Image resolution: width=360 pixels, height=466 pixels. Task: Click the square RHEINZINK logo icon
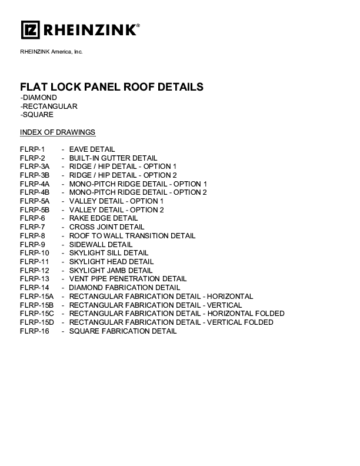pos(31,30)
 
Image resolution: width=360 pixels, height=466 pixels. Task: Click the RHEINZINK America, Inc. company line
pos(51,52)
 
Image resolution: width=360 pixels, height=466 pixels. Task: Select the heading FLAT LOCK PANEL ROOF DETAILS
pos(112,86)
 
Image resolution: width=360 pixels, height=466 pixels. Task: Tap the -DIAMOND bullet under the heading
pos(39,98)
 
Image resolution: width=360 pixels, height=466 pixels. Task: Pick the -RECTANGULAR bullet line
pos(49,106)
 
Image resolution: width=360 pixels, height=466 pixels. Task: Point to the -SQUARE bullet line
pos(37,115)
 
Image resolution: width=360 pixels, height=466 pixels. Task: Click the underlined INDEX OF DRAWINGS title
pos(58,132)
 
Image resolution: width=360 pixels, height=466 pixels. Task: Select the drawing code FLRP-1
pos(32,149)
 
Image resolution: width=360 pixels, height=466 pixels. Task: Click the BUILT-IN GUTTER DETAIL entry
pos(113,158)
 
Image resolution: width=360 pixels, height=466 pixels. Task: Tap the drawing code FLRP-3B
pos(35,175)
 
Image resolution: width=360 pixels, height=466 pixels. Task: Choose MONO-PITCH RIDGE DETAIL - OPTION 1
pos(138,184)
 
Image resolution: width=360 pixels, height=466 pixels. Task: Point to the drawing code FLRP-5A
pos(35,201)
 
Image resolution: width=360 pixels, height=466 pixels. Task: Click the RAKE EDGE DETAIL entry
pos(104,218)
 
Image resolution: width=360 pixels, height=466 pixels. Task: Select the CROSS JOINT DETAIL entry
pos(106,227)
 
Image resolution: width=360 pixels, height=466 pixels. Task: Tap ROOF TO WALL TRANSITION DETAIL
pos(132,236)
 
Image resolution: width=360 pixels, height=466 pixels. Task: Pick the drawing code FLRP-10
pos(35,253)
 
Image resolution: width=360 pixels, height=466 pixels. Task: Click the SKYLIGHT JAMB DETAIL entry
pos(111,271)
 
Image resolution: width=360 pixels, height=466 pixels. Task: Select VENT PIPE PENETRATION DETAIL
pos(128,279)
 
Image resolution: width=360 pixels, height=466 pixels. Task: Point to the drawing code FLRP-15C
pos(37,314)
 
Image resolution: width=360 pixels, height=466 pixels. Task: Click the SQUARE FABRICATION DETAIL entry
pos(123,331)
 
